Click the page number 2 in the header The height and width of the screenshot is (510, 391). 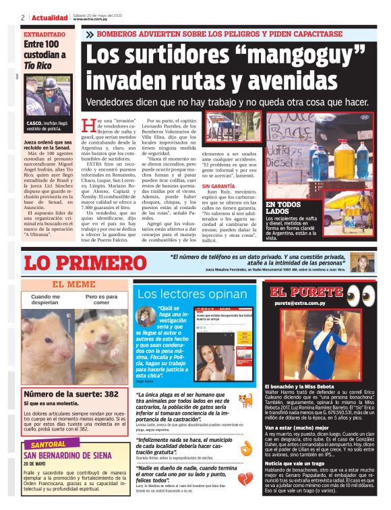click(23, 17)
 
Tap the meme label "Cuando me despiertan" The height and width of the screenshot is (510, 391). click(46, 299)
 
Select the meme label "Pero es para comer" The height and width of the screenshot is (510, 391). click(101, 299)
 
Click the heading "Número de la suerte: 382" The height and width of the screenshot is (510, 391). click(71, 393)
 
